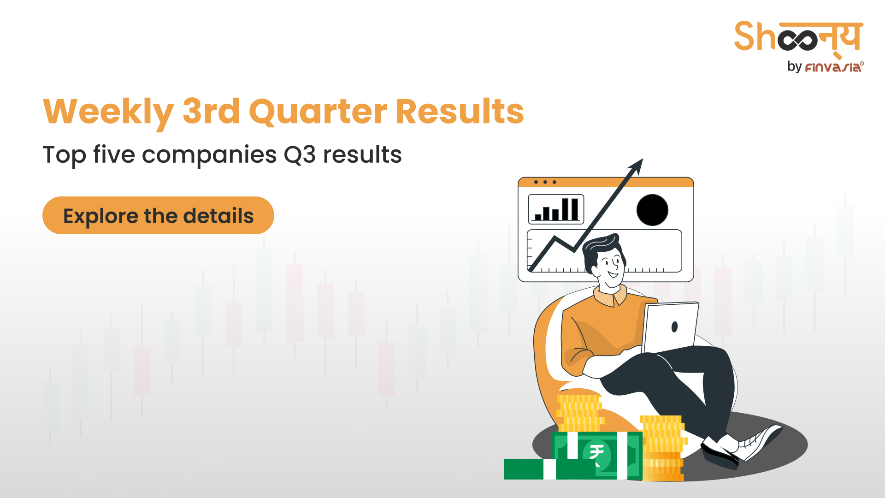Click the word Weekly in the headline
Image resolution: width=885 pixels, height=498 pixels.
click(x=108, y=112)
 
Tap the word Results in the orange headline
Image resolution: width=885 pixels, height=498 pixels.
click(x=460, y=111)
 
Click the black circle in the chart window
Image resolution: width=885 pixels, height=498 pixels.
click(x=652, y=210)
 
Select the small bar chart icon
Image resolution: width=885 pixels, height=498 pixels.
click(x=556, y=209)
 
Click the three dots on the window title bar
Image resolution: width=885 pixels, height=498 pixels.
click(x=545, y=182)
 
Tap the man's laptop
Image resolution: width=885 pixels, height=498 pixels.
click(x=670, y=327)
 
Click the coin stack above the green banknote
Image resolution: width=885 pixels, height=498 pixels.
click(x=580, y=413)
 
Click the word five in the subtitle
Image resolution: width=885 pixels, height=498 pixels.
click(x=114, y=154)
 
